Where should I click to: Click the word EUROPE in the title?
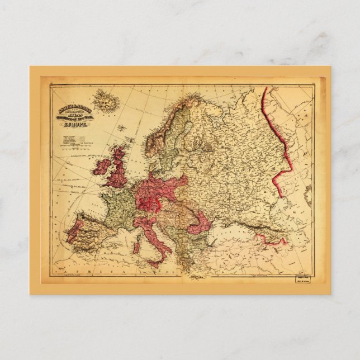tap(72, 126)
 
